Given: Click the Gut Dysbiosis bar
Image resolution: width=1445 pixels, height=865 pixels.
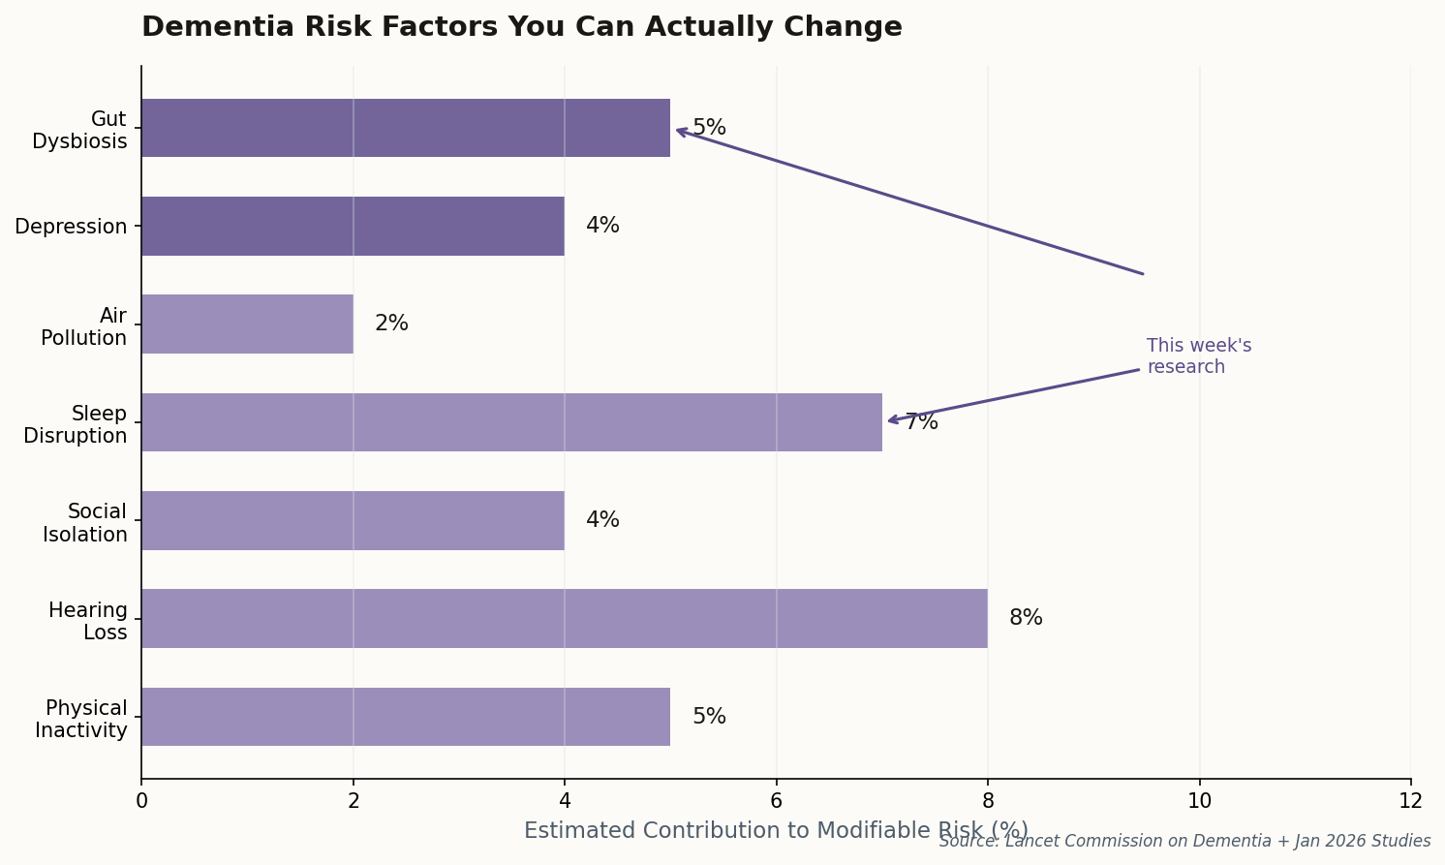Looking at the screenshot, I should point(405,128).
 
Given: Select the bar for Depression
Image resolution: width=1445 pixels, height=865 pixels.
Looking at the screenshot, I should point(353,226).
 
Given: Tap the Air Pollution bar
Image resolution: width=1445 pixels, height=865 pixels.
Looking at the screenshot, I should point(247,324).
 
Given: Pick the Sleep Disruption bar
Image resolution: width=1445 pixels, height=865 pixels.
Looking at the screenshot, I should point(511,422).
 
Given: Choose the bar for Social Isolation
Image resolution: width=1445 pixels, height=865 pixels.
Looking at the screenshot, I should point(353,520).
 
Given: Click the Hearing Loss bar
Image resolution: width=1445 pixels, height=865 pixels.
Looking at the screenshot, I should point(564,618).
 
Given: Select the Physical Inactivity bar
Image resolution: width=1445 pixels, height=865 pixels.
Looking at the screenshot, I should point(405,717).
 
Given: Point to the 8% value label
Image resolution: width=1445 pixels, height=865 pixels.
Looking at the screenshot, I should point(1026,618).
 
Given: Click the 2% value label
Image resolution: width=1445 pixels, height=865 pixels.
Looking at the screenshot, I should point(391,324).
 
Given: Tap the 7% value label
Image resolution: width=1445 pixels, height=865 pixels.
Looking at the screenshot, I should point(921,422).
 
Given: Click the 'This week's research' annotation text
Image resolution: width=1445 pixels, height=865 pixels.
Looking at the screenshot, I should point(1198,356).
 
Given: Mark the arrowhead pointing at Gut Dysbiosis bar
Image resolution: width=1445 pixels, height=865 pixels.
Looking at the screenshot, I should point(678,130).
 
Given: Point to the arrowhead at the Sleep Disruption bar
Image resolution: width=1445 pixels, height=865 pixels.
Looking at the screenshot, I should point(890,420).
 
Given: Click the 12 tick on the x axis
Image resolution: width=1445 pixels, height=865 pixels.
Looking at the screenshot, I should point(1410,800).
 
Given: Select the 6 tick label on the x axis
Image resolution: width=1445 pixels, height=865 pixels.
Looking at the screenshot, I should point(776,800).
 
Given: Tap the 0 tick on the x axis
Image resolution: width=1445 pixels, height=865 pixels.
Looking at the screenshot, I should point(141,800).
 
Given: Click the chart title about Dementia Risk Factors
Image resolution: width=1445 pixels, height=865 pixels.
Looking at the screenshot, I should point(521,27).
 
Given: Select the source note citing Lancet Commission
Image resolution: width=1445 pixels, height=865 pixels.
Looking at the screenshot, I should point(1184,841).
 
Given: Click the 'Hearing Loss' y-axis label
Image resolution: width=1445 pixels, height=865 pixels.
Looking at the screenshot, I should point(88,622).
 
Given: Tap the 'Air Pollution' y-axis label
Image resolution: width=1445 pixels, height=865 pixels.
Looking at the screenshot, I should point(84,327).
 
